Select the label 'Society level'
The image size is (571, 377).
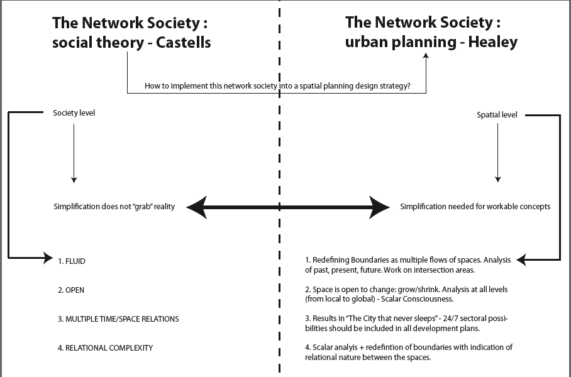click(74, 113)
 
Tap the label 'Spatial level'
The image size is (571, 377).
click(497, 116)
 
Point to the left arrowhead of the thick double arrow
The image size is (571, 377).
click(196, 207)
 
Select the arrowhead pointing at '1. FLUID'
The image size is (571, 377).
click(48, 257)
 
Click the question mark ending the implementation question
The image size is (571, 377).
click(409, 85)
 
